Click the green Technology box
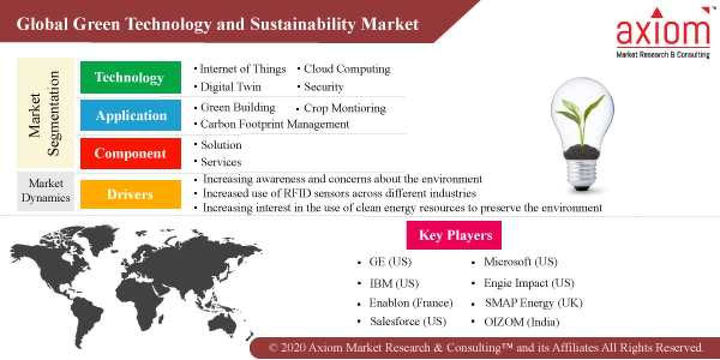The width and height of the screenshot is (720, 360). tap(130, 77)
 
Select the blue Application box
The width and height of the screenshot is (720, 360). tap(130, 116)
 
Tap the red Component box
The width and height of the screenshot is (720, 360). tap(130, 154)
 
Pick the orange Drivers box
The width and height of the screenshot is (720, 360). tap(130, 194)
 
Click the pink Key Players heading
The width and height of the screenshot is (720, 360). tap(455, 235)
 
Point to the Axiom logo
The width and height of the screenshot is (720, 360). tap(663, 33)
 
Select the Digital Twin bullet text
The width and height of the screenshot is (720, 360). tap(230, 87)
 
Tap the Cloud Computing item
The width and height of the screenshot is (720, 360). tap(347, 70)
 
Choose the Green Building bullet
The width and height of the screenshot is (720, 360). tap(238, 108)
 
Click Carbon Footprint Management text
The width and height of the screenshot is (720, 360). tap(274, 124)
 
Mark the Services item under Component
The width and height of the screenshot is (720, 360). tap(221, 162)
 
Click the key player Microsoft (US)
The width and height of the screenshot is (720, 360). tap(520, 262)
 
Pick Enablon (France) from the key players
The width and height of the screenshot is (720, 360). tap(411, 303)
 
